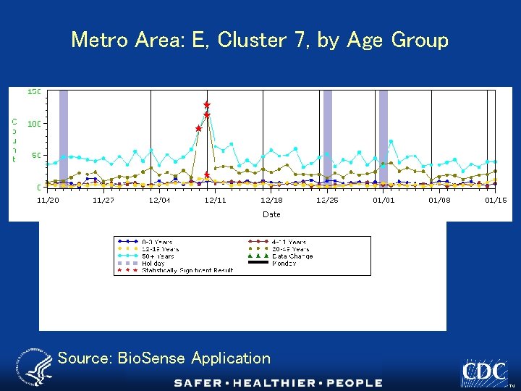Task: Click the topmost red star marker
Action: (x=207, y=105)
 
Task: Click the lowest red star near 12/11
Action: (x=207, y=175)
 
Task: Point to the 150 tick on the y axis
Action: (x=33, y=92)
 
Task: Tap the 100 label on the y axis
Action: (x=33, y=124)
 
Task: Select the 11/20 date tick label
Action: (x=48, y=200)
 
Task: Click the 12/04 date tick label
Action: (x=159, y=200)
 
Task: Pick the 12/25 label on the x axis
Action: (x=327, y=200)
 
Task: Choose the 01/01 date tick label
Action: (x=384, y=200)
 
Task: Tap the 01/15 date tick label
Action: (x=495, y=200)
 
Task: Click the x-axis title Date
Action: (x=271, y=214)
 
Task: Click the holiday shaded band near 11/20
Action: (x=64, y=138)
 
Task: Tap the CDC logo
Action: (x=484, y=372)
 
